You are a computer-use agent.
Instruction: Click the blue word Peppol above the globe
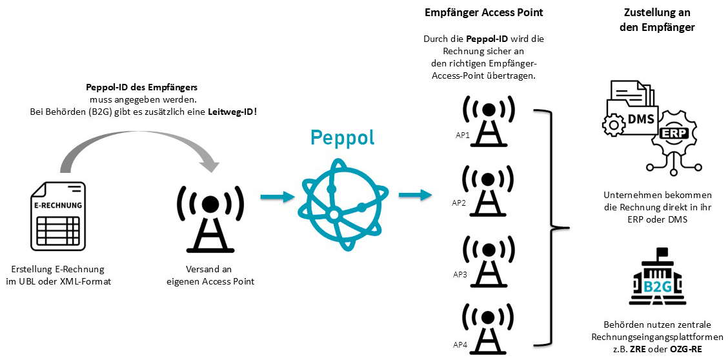pos(342,137)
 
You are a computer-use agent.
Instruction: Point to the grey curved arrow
pos(139,143)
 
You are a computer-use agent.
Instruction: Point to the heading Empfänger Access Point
pos(483,14)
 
